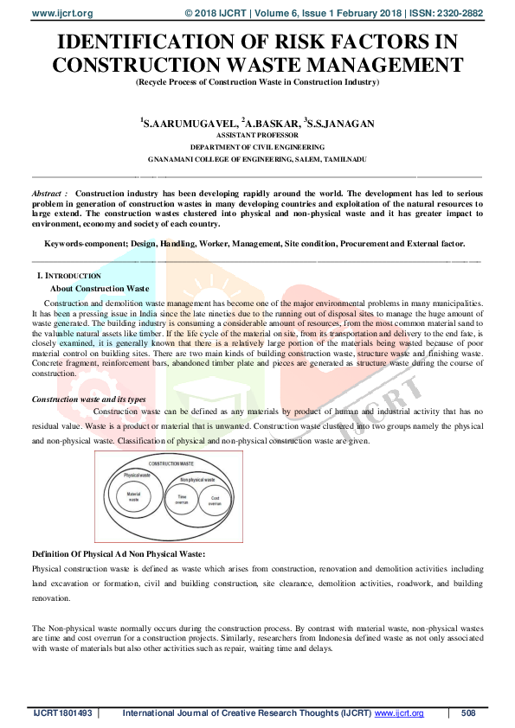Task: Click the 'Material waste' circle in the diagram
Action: pyautogui.click(x=133, y=497)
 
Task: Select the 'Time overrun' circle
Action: pyautogui.click(x=182, y=499)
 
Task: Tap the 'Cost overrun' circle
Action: pyautogui.click(x=215, y=499)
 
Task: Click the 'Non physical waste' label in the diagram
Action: pyautogui.click(x=197, y=479)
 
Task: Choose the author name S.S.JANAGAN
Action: pyautogui.click(x=341, y=124)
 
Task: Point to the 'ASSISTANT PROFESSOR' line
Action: pyautogui.click(x=257, y=136)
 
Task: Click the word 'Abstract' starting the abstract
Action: pyautogui.click(x=48, y=193)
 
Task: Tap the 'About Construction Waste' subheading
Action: pyautogui.click(x=100, y=288)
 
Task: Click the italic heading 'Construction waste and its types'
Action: pyautogui.click(x=88, y=399)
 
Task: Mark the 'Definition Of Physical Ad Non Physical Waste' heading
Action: pyautogui.click(x=118, y=553)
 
